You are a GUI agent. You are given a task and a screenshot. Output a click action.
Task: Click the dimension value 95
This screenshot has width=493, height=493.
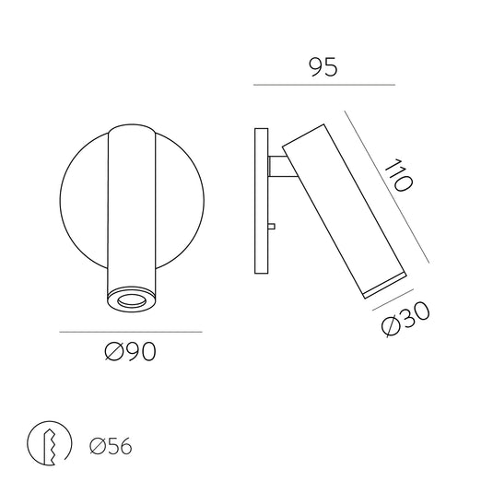click(x=323, y=66)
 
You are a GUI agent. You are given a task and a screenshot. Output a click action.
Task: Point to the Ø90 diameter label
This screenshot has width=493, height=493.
click(x=130, y=351)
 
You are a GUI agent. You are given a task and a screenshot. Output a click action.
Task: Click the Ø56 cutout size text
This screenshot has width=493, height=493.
click(x=111, y=447)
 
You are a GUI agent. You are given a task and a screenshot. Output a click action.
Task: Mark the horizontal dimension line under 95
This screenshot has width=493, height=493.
click(x=323, y=86)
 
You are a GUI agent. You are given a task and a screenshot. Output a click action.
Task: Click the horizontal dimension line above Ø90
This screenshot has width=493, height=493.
click(x=130, y=331)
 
